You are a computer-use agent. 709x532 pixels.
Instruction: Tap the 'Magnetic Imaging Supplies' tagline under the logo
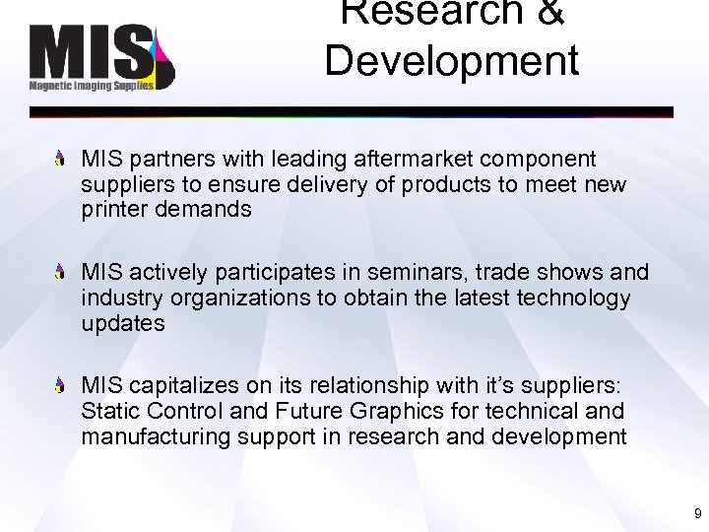pyautogui.click(x=92, y=86)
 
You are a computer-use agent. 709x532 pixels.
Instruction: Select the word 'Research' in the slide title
pyautogui.click(x=451, y=13)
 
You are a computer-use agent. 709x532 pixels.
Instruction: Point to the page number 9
pyautogui.click(x=697, y=513)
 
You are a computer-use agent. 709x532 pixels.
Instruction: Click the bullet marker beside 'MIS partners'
pyautogui.click(x=62, y=158)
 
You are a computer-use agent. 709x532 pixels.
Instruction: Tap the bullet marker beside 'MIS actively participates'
pyautogui.click(x=62, y=271)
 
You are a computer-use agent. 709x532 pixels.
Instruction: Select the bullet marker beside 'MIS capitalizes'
pyautogui.click(x=62, y=385)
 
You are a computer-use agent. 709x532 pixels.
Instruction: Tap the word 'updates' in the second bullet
pyautogui.click(x=123, y=323)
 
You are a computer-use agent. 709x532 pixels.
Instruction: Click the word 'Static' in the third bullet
pyautogui.click(x=111, y=411)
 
